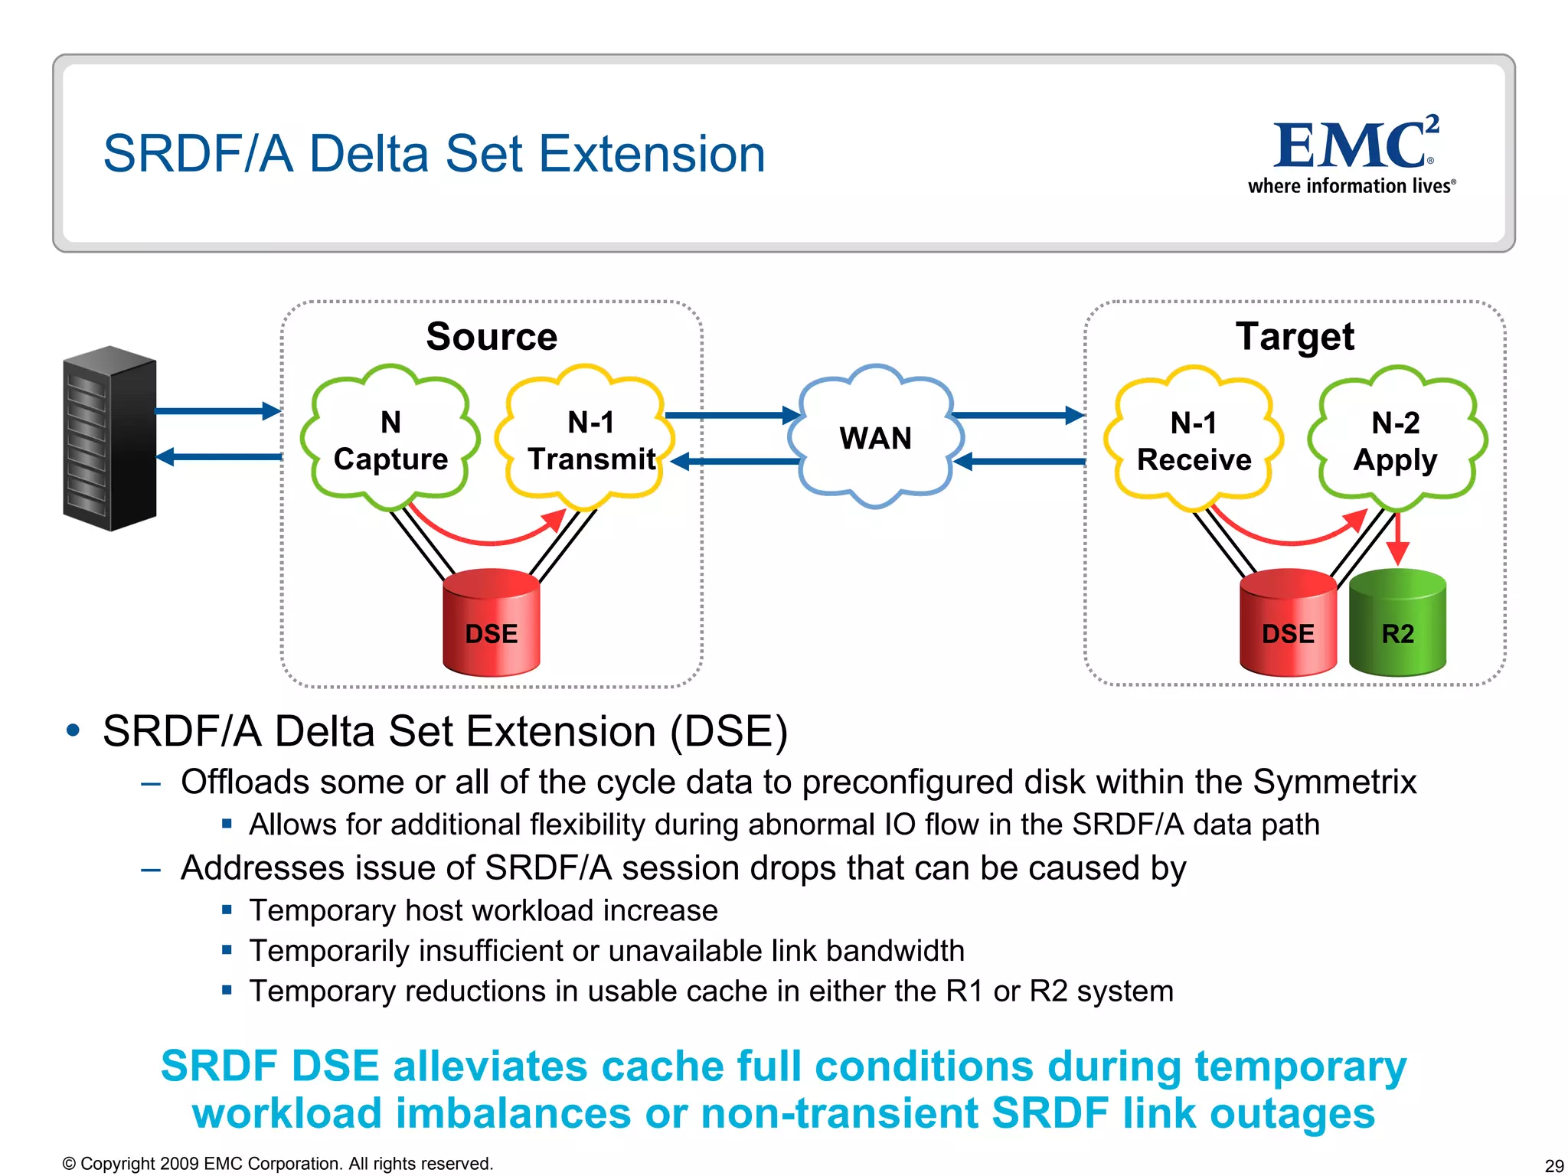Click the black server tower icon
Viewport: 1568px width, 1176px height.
pyautogui.click(x=109, y=439)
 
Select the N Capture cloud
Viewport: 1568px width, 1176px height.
pyautogui.click(x=390, y=439)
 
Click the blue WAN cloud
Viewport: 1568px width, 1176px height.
pyautogui.click(x=875, y=438)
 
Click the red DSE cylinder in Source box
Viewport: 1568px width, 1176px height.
pyautogui.click(x=492, y=624)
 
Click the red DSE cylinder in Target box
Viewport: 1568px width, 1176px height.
pyautogui.click(x=1288, y=624)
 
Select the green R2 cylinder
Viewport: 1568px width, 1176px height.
pyautogui.click(x=1397, y=624)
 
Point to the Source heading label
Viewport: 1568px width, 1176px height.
pyautogui.click(x=492, y=337)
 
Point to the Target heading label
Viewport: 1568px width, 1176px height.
pyautogui.click(x=1295, y=337)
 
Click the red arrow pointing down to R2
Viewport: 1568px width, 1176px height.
pyautogui.click(x=1398, y=541)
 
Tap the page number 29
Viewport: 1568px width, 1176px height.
pyautogui.click(x=1553, y=1165)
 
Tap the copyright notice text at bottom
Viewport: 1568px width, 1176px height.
pyautogui.click(x=277, y=1164)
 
